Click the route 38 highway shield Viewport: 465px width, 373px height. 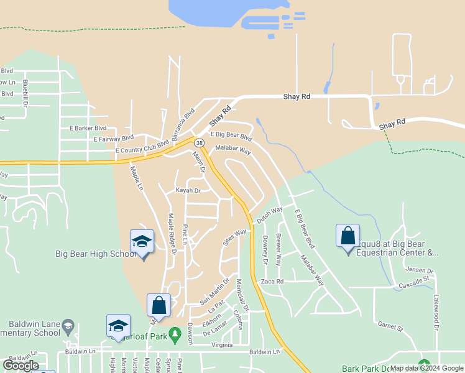tap(199, 143)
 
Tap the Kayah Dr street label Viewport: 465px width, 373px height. tap(188, 191)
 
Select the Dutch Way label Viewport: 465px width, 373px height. tap(270, 216)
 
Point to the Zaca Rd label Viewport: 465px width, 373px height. tap(272, 281)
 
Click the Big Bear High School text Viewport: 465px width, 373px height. tap(96, 254)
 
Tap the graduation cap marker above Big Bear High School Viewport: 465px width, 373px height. tap(142, 242)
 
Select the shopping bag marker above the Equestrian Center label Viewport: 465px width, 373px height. tap(348, 236)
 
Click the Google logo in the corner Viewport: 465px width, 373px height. tap(21, 366)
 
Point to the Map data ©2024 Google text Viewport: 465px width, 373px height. tap(426, 368)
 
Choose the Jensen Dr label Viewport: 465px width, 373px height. tap(417, 270)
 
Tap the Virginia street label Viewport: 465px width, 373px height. tap(222, 345)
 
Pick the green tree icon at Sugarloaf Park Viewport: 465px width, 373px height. tap(175, 331)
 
